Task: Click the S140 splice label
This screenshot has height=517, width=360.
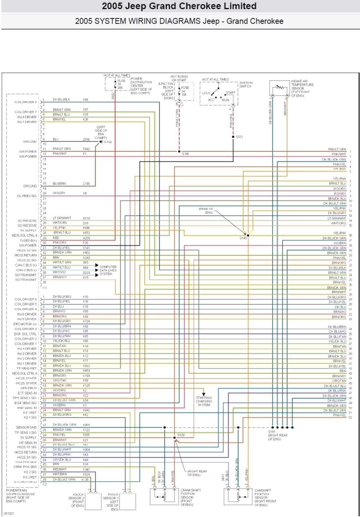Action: click(243, 238)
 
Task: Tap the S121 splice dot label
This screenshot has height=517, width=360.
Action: click(239, 137)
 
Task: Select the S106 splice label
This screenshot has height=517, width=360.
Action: click(185, 154)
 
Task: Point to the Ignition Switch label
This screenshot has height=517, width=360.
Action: click(246, 85)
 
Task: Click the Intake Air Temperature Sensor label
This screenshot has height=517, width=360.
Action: click(302, 88)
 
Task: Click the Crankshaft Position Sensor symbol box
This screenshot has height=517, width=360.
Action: click(164, 496)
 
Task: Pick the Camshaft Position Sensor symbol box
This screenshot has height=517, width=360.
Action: click(238, 496)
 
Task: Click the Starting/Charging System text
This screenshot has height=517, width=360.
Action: click(204, 401)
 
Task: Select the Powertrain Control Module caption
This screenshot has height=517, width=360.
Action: click(20, 496)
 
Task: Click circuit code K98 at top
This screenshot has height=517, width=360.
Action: click(86, 100)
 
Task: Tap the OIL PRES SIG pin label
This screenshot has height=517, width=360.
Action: click(26, 196)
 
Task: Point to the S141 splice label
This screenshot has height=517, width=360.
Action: click(271, 432)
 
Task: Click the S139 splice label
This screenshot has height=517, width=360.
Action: click(181, 435)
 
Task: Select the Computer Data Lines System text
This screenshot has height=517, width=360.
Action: click(108, 270)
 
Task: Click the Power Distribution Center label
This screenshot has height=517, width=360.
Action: click(141, 86)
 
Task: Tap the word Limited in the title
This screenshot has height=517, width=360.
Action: click(238, 6)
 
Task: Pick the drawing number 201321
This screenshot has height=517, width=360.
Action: click(8, 513)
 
